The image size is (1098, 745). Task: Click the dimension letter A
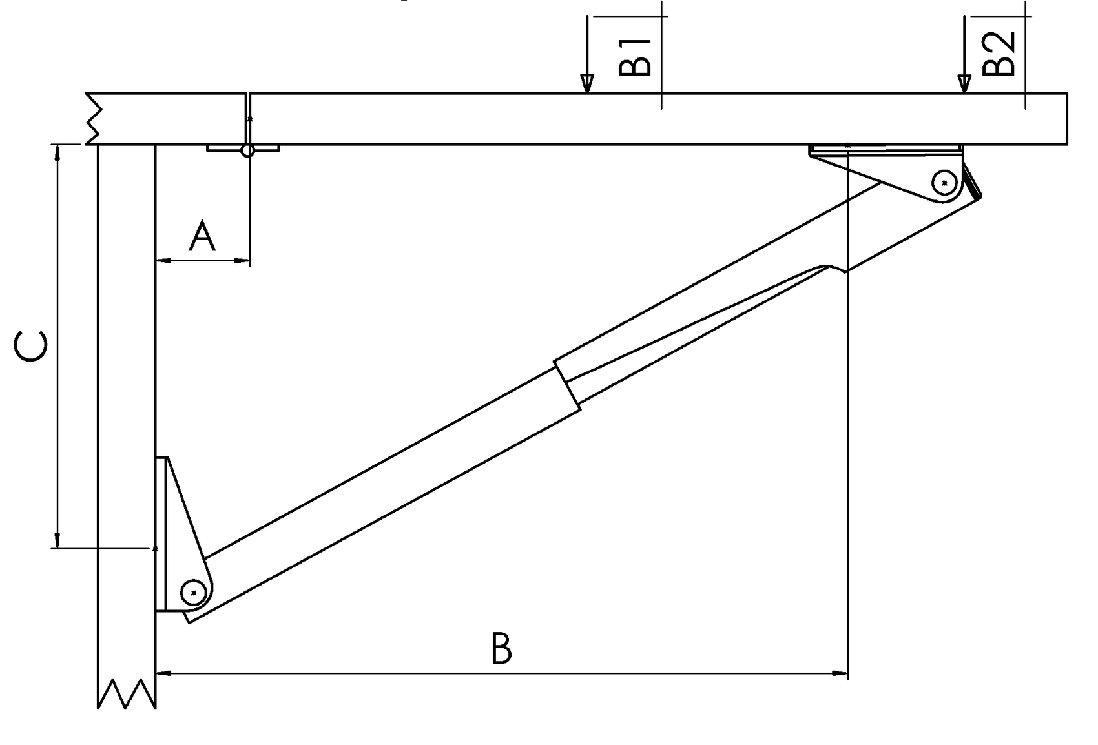pos(202,236)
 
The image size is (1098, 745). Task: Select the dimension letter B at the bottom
pos(501,649)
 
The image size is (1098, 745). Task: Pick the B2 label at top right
pos(999,54)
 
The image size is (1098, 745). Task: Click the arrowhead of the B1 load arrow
pos(586,84)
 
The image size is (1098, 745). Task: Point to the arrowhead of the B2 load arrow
pos(964,84)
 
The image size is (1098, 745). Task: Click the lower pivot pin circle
pos(193,592)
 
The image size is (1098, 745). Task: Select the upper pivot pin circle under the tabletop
pos(944,183)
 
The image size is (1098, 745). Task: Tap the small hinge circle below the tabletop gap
pos(247,150)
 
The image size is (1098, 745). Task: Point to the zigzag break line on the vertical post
pos(127,694)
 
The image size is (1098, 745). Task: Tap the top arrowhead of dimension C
pos(57,152)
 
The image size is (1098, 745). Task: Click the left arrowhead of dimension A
pos(163,261)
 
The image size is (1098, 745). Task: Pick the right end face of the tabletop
pos(1066,119)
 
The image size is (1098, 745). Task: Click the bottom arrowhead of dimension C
pos(57,540)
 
